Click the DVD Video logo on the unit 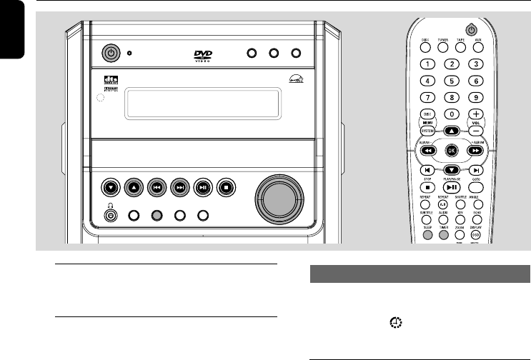tap(204, 55)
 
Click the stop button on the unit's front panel tap(227, 189)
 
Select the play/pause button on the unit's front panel tap(203, 189)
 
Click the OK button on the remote tap(451, 150)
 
